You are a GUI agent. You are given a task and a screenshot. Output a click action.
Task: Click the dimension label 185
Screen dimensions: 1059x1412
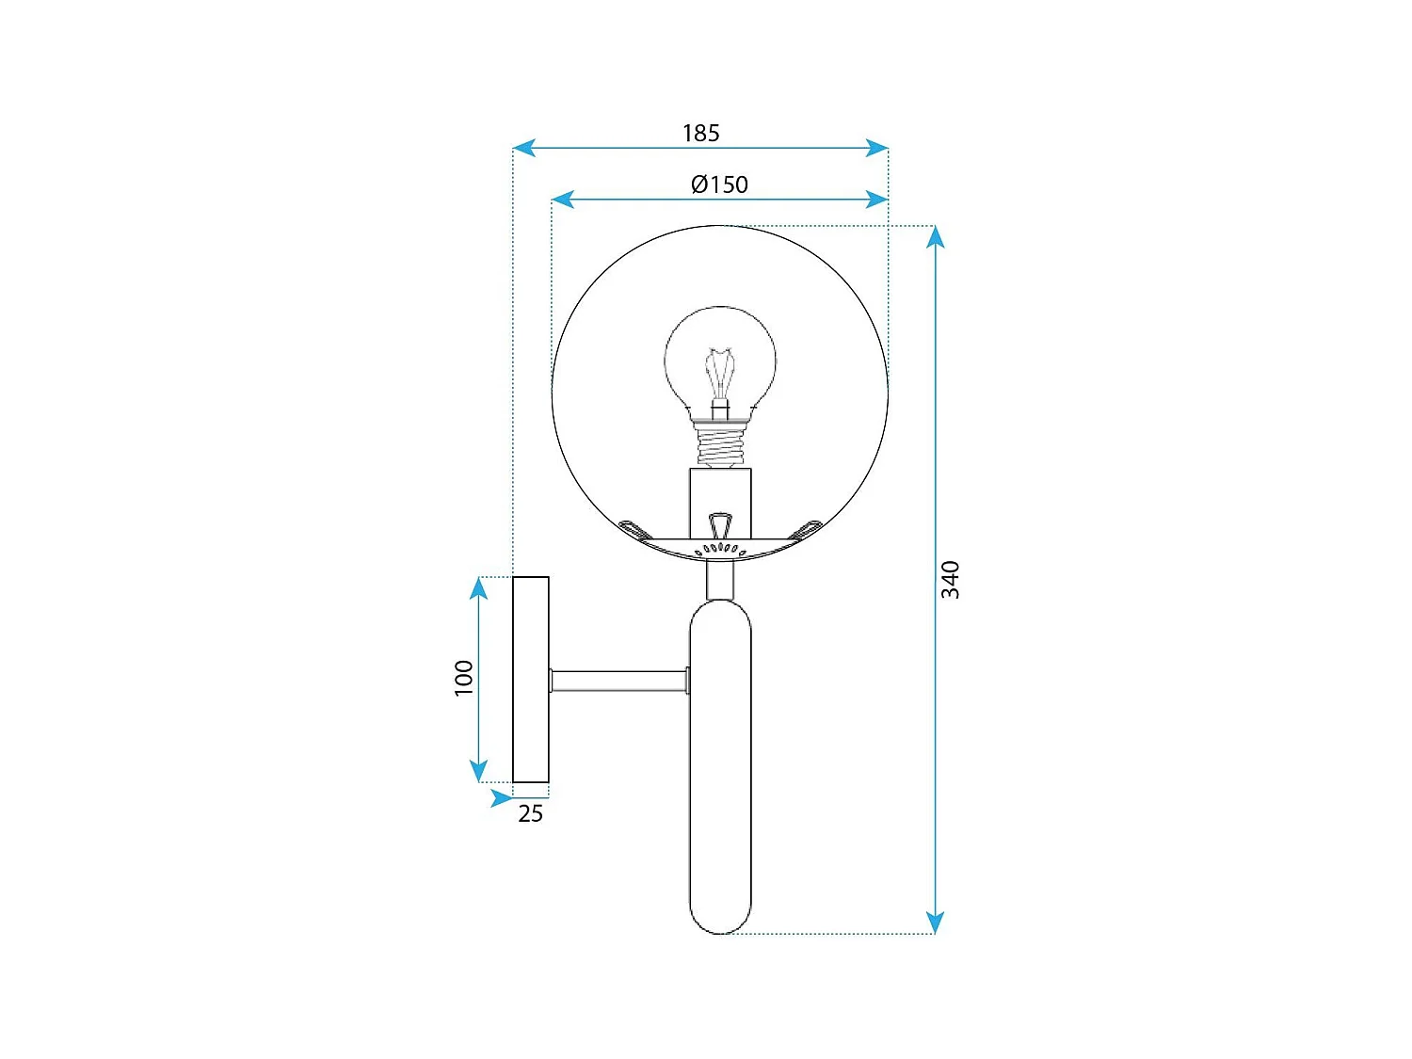tap(700, 133)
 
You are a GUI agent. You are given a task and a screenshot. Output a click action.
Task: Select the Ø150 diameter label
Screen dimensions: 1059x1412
tap(719, 185)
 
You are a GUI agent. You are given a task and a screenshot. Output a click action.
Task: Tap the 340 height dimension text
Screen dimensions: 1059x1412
tap(951, 579)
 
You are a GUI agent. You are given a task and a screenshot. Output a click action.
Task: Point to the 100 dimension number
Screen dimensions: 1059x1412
tap(464, 678)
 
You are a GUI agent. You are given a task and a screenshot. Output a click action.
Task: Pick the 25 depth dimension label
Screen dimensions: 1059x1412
tap(530, 813)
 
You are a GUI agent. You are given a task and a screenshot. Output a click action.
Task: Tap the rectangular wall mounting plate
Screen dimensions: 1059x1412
tap(531, 679)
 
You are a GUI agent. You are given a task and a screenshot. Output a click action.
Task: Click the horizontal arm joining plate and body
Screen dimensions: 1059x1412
tap(618, 681)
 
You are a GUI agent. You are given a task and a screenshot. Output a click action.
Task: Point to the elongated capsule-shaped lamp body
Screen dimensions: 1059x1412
tap(720, 767)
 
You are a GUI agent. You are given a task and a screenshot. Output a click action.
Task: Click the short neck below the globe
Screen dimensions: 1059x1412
tap(720, 580)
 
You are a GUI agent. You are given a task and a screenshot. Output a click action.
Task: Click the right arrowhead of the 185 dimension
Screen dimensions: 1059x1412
tap(877, 148)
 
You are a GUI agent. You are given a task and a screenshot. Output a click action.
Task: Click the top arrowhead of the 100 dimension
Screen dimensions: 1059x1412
tap(479, 588)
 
